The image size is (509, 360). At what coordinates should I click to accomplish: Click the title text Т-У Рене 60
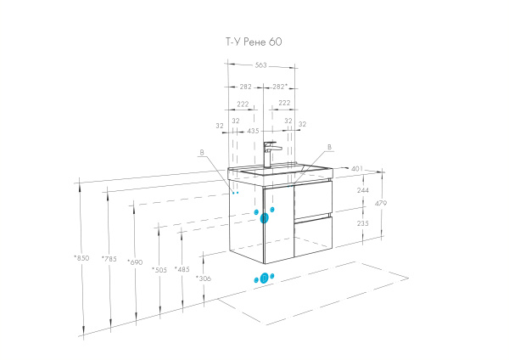click(x=254, y=42)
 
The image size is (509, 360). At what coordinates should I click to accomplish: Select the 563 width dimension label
click(x=260, y=65)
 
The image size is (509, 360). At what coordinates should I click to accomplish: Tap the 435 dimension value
click(x=253, y=131)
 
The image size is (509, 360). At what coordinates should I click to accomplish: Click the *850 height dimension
click(x=81, y=258)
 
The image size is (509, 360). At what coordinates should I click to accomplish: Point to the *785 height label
click(x=109, y=259)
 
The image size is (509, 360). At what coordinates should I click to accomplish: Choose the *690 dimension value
click(x=135, y=262)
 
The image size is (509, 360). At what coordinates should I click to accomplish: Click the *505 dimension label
click(x=159, y=270)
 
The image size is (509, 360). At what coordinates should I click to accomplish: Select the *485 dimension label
click(x=182, y=269)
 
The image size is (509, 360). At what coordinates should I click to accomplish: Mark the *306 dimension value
click(x=204, y=278)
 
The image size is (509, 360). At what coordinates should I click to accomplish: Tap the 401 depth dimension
click(x=357, y=169)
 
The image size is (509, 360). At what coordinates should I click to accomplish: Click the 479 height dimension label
click(x=381, y=204)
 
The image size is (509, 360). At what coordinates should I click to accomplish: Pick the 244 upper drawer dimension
click(x=362, y=190)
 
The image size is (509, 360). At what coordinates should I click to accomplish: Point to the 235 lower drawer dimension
click(x=362, y=223)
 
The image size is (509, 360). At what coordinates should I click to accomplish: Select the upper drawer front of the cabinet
click(x=313, y=200)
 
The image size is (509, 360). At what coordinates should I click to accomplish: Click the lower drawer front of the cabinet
click(x=313, y=236)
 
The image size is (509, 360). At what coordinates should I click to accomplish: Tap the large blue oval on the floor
click(x=264, y=278)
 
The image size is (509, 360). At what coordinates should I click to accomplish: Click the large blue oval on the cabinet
click(x=264, y=218)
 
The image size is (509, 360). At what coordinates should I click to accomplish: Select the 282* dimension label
click(x=280, y=87)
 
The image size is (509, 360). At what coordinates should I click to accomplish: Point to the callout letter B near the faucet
click(x=329, y=147)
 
